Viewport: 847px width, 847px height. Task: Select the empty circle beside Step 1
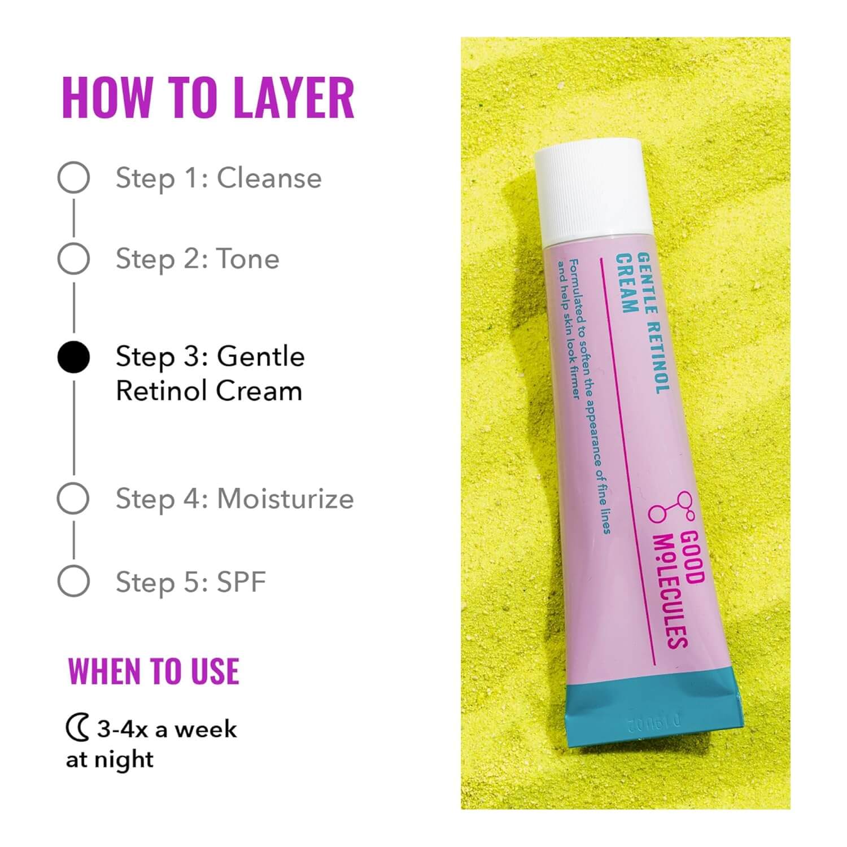click(x=73, y=177)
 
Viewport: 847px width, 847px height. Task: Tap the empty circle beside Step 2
click(x=73, y=259)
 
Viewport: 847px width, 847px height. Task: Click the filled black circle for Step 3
click(x=73, y=357)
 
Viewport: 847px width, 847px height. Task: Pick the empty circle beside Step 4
click(x=73, y=498)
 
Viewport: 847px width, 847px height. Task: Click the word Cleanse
click(x=269, y=178)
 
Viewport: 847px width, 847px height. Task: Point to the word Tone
click(x=248, y=259)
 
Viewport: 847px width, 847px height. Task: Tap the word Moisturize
click(x=285, y=499)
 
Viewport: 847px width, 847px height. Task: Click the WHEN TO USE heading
click(x=154, y=671)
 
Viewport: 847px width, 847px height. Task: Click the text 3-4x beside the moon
click(x=122, y=730)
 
